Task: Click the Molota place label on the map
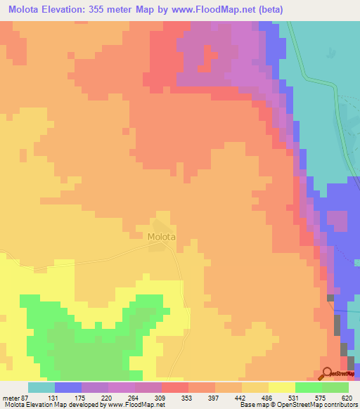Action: [161, 237]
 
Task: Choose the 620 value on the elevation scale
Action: [347, 397]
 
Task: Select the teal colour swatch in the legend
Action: [41, 387]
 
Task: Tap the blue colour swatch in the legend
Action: [68, 387]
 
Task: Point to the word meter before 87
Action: [11, 397]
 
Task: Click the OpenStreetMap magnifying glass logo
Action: [328, 374]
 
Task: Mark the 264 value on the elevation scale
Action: [134, 397]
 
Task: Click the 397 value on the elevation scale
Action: [214, 397]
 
